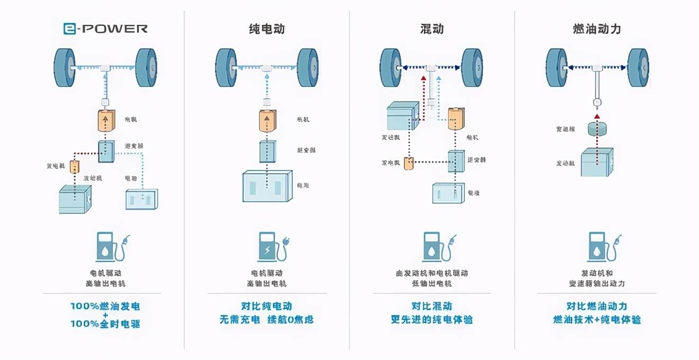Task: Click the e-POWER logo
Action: pyautogui.click(x=105, y=29)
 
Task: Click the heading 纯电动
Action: pyautogui.click(x=267, y=29)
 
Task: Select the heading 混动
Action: pyautogui.click(x=432, y=29)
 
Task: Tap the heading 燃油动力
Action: pyautogui.click(x=597, y=29)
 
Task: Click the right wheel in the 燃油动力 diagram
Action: pyautogui.click(x=638, y=68)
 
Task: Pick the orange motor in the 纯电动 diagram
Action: pyautogui.click(x=267, y=121)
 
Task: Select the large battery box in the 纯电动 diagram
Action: pyautogui.click(x=267, y=186)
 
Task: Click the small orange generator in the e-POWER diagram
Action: pyautogui.click(x=75, y=166)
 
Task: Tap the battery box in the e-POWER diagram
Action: pyautogui.click(x=141, y=200)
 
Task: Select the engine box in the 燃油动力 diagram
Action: pyautogui.click(x=597, y=163)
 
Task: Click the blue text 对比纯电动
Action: pyautogui.click(x=266, y=306)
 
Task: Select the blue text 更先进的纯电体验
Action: pyautogui.click(x=432, y=320)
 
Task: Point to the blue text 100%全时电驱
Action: pyautogui.click(x=105, y=324)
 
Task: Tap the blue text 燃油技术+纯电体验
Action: pyautogui.click(x=597, y=320)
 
